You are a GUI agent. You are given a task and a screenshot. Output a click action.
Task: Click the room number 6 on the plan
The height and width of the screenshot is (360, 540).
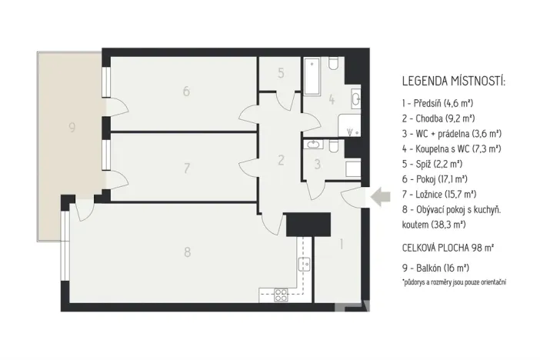coord(186,92)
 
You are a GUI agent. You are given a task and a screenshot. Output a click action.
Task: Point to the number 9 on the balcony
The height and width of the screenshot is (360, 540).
coord(72,128)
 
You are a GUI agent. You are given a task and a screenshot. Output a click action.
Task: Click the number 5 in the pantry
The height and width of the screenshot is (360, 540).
coord(281,74)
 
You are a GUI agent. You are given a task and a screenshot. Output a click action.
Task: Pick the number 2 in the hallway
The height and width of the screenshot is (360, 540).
coord(281,160)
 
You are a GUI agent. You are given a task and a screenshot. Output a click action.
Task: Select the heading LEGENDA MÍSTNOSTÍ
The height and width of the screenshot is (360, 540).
coord(455,82)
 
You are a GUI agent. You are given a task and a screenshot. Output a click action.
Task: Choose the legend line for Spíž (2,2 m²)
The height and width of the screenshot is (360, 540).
coord(435,164)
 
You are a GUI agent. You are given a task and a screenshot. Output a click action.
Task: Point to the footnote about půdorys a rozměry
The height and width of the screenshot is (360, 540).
coord(454,283)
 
